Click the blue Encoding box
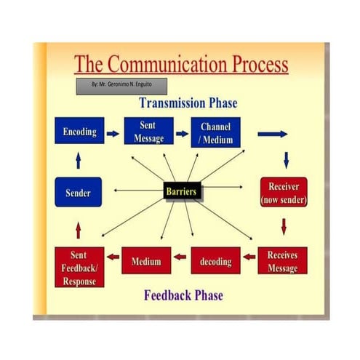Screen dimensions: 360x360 click(79, 133)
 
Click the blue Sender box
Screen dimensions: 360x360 click(78, 193)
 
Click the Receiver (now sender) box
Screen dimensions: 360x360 click(284, 192)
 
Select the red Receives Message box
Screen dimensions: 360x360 click(282, 261)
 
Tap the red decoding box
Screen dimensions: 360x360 click(215, 261)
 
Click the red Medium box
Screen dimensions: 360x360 click(146, 260)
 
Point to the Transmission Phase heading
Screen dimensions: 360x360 click(188, 103)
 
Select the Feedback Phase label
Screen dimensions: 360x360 click(183, 295)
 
